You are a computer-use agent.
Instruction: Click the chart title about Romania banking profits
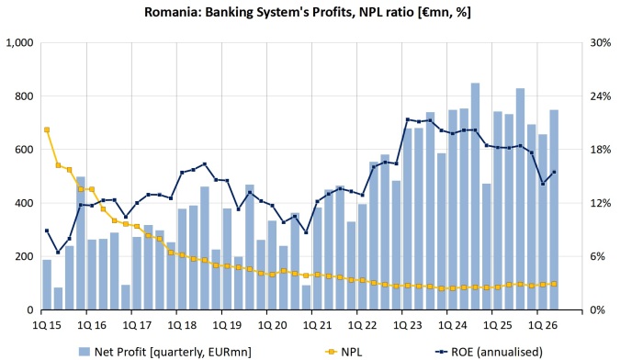(x=307, y=12)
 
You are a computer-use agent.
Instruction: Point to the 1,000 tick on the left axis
(x=19, y=42)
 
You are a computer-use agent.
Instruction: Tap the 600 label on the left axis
(x=25, y=150)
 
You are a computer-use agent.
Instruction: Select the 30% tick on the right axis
(x=601, y=42)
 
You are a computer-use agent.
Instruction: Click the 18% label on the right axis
(x=601, y=150)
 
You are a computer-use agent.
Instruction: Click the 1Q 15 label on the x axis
(x=46, y=325)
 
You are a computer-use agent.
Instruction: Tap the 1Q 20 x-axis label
(x=272, y=325)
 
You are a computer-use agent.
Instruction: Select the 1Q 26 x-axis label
(x=543, y=325)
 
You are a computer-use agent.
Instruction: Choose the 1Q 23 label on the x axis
(x=407, y=325)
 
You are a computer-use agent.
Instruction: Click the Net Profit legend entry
(x=164, y=352)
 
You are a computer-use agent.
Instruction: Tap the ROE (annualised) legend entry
(x=489, y=352)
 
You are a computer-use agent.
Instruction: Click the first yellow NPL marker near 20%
(x=47, y=129)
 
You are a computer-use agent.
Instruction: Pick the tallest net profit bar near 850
(x=475, y=197)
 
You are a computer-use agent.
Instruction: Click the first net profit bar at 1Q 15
(x=47, y=285)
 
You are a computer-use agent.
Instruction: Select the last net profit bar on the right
(x=554, y=210)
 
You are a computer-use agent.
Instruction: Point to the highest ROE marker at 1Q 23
(x=408, y=119)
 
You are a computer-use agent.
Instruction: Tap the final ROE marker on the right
(x=554, y=173)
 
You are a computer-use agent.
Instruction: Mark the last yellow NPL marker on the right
(x=554, y=284)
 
